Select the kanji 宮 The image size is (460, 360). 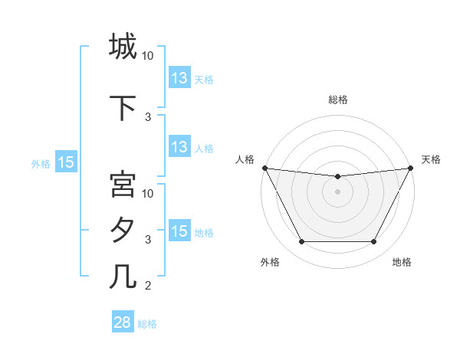123,185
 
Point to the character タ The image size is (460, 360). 123,231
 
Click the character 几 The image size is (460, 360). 123,276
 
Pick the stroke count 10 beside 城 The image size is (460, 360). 148,56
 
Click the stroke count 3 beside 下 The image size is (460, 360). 148,117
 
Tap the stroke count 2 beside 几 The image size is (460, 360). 148,286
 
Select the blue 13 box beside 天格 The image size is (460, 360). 179,78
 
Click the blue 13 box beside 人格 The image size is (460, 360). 179,147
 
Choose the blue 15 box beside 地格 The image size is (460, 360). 179,231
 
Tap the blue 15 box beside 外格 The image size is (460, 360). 66,162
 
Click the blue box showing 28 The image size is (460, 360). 123,322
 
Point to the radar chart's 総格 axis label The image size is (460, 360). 338,100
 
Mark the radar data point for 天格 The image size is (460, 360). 411,168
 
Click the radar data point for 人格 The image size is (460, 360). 264,168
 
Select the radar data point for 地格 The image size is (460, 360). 374,242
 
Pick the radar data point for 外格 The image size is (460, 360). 301,242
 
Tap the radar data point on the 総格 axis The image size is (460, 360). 337,177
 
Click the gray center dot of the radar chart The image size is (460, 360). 337,191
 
